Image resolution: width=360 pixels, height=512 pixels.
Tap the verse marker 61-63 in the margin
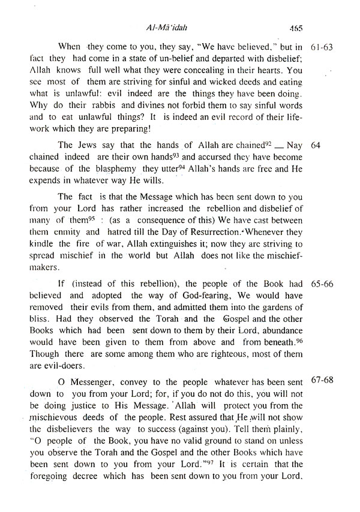(x=324, y=47)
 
